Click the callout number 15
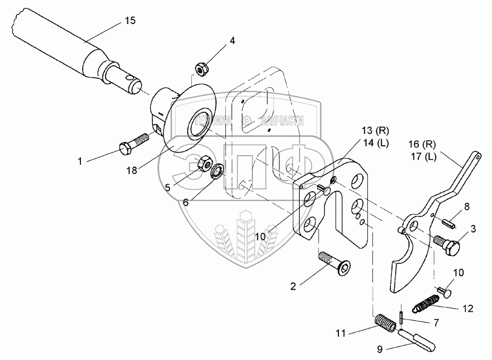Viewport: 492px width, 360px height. pyautogui.click(x=130, y=21)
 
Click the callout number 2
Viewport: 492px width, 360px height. pyautogui.click(x=293, y=286)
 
